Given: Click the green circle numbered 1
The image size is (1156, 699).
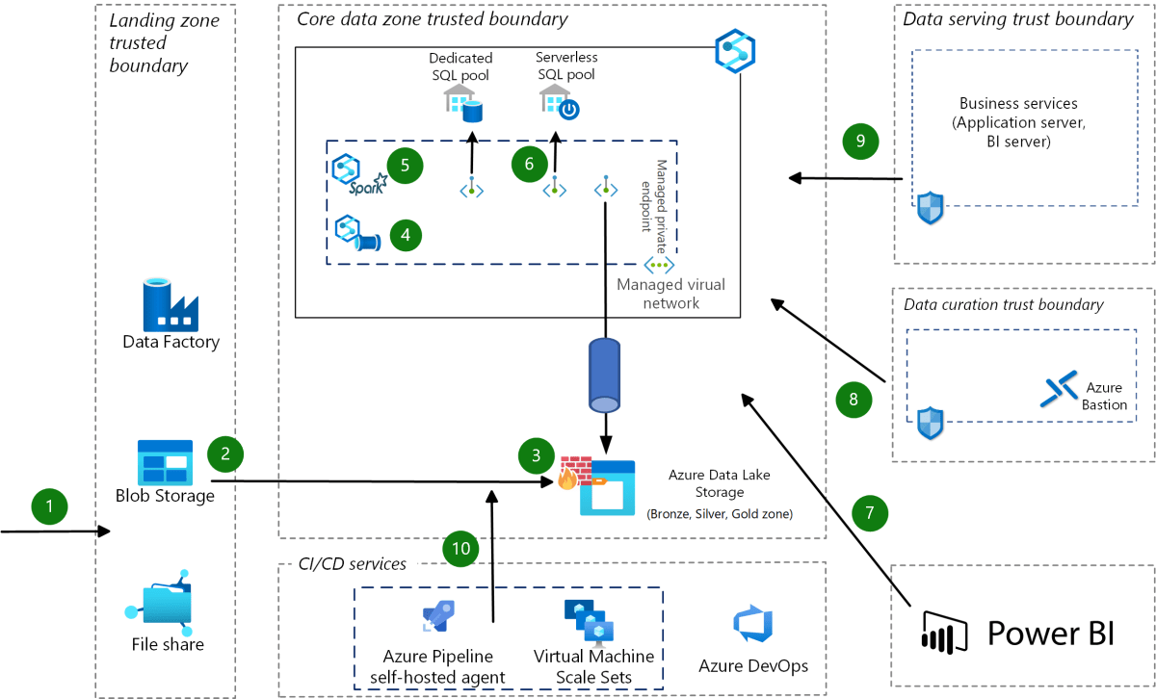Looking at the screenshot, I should click(50, 505).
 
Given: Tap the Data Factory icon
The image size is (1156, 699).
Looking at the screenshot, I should click(171, 302).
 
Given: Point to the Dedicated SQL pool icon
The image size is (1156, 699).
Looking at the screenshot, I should click(462, 103).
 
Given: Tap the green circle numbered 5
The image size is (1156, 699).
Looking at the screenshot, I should click(406, 164).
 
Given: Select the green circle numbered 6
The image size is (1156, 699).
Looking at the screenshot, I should click(529, 165).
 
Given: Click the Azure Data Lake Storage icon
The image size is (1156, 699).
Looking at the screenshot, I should click(608, 488).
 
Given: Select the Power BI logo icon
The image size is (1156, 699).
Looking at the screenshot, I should click(944, 633).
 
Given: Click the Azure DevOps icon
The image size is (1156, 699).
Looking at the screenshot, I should click(753, 625).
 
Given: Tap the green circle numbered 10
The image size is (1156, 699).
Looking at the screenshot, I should click(462, 549).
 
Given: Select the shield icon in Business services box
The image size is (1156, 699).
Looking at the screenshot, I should click(930, 207).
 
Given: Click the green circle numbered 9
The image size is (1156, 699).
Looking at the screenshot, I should click(860, 141).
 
